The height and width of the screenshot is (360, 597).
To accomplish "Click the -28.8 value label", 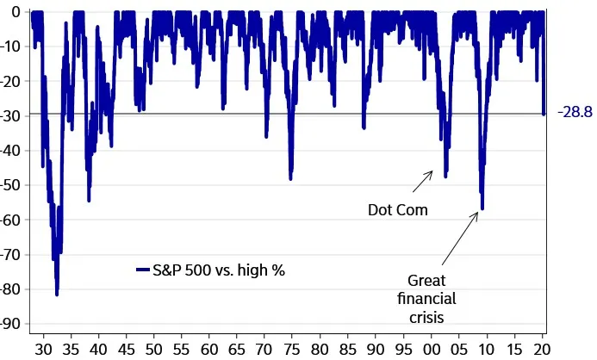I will click(574, 113).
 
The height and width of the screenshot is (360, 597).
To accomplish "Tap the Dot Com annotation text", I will click(397, 209).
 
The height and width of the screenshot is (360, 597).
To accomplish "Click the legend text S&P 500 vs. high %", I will click(219, 270).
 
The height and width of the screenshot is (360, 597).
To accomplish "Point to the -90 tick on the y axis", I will click(12, 324).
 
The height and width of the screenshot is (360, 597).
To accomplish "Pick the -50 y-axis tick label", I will click(12, 185).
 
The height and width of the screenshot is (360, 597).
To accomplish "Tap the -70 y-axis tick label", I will click(12, 255).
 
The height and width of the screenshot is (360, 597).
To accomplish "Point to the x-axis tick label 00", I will click(431, 349).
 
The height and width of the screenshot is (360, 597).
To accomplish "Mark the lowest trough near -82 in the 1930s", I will click(57, 294).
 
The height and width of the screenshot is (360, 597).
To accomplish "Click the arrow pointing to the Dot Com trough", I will click(422, 182).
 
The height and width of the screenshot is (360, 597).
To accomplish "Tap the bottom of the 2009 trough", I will click(482, 208).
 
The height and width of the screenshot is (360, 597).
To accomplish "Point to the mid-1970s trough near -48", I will click(291, 177).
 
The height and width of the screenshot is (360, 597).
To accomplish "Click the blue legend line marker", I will click(144, 270).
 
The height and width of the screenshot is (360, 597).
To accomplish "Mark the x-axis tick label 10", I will click(487, 349).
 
